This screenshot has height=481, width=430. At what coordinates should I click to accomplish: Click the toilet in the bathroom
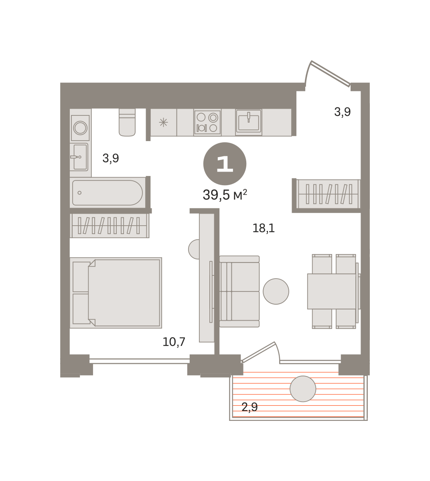click(127, 123)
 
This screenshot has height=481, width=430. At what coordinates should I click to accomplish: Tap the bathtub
click(107, 192)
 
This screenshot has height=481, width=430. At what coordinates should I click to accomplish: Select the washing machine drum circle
click(80, 128)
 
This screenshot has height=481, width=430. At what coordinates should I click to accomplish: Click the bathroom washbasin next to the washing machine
click(79, 157)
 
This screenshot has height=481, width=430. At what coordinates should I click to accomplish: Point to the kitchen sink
click(249, 122)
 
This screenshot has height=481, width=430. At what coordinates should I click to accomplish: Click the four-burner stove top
click(207, 123)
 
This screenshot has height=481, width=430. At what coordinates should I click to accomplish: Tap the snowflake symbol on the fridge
click(163, 123)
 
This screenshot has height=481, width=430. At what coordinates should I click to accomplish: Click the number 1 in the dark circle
click(225, 164)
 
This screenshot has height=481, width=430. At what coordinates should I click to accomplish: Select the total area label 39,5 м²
click(225, 195)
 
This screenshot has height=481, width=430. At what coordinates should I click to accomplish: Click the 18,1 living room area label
click(264, 228)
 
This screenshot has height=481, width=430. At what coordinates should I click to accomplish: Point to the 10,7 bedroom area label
click(174, 342)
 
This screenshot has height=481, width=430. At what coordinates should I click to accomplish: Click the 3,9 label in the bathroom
click(111, 158)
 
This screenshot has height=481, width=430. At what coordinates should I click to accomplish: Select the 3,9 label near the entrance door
click(342, 112)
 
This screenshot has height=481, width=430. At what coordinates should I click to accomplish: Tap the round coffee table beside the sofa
click(276, 291)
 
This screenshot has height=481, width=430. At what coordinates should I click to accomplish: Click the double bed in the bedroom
click(116, 293)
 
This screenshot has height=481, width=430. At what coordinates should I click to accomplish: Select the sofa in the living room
click(239, 291)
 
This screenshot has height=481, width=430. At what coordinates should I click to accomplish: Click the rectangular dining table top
click(332, 291)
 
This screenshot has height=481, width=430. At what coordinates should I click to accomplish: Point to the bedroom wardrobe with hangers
click(110, 226)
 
